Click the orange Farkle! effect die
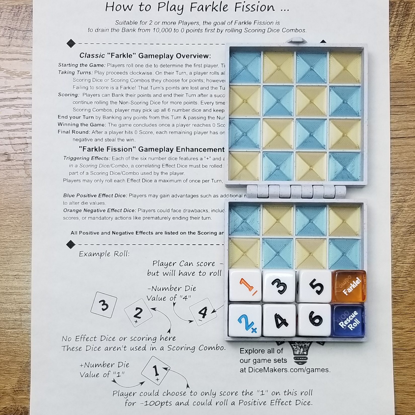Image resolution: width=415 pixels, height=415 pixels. coord(349,286)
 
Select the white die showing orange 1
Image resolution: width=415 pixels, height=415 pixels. coord(245,286)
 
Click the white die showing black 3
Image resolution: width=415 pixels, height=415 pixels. coord(279,286)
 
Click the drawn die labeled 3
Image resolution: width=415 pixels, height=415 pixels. coord(104,305)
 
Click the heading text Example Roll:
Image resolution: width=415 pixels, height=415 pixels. coord(104,254)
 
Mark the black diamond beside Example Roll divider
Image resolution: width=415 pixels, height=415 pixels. coord(71,244)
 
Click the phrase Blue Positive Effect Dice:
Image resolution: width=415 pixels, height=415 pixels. coord(95,196)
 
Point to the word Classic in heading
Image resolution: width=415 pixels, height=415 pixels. coord(92,56)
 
